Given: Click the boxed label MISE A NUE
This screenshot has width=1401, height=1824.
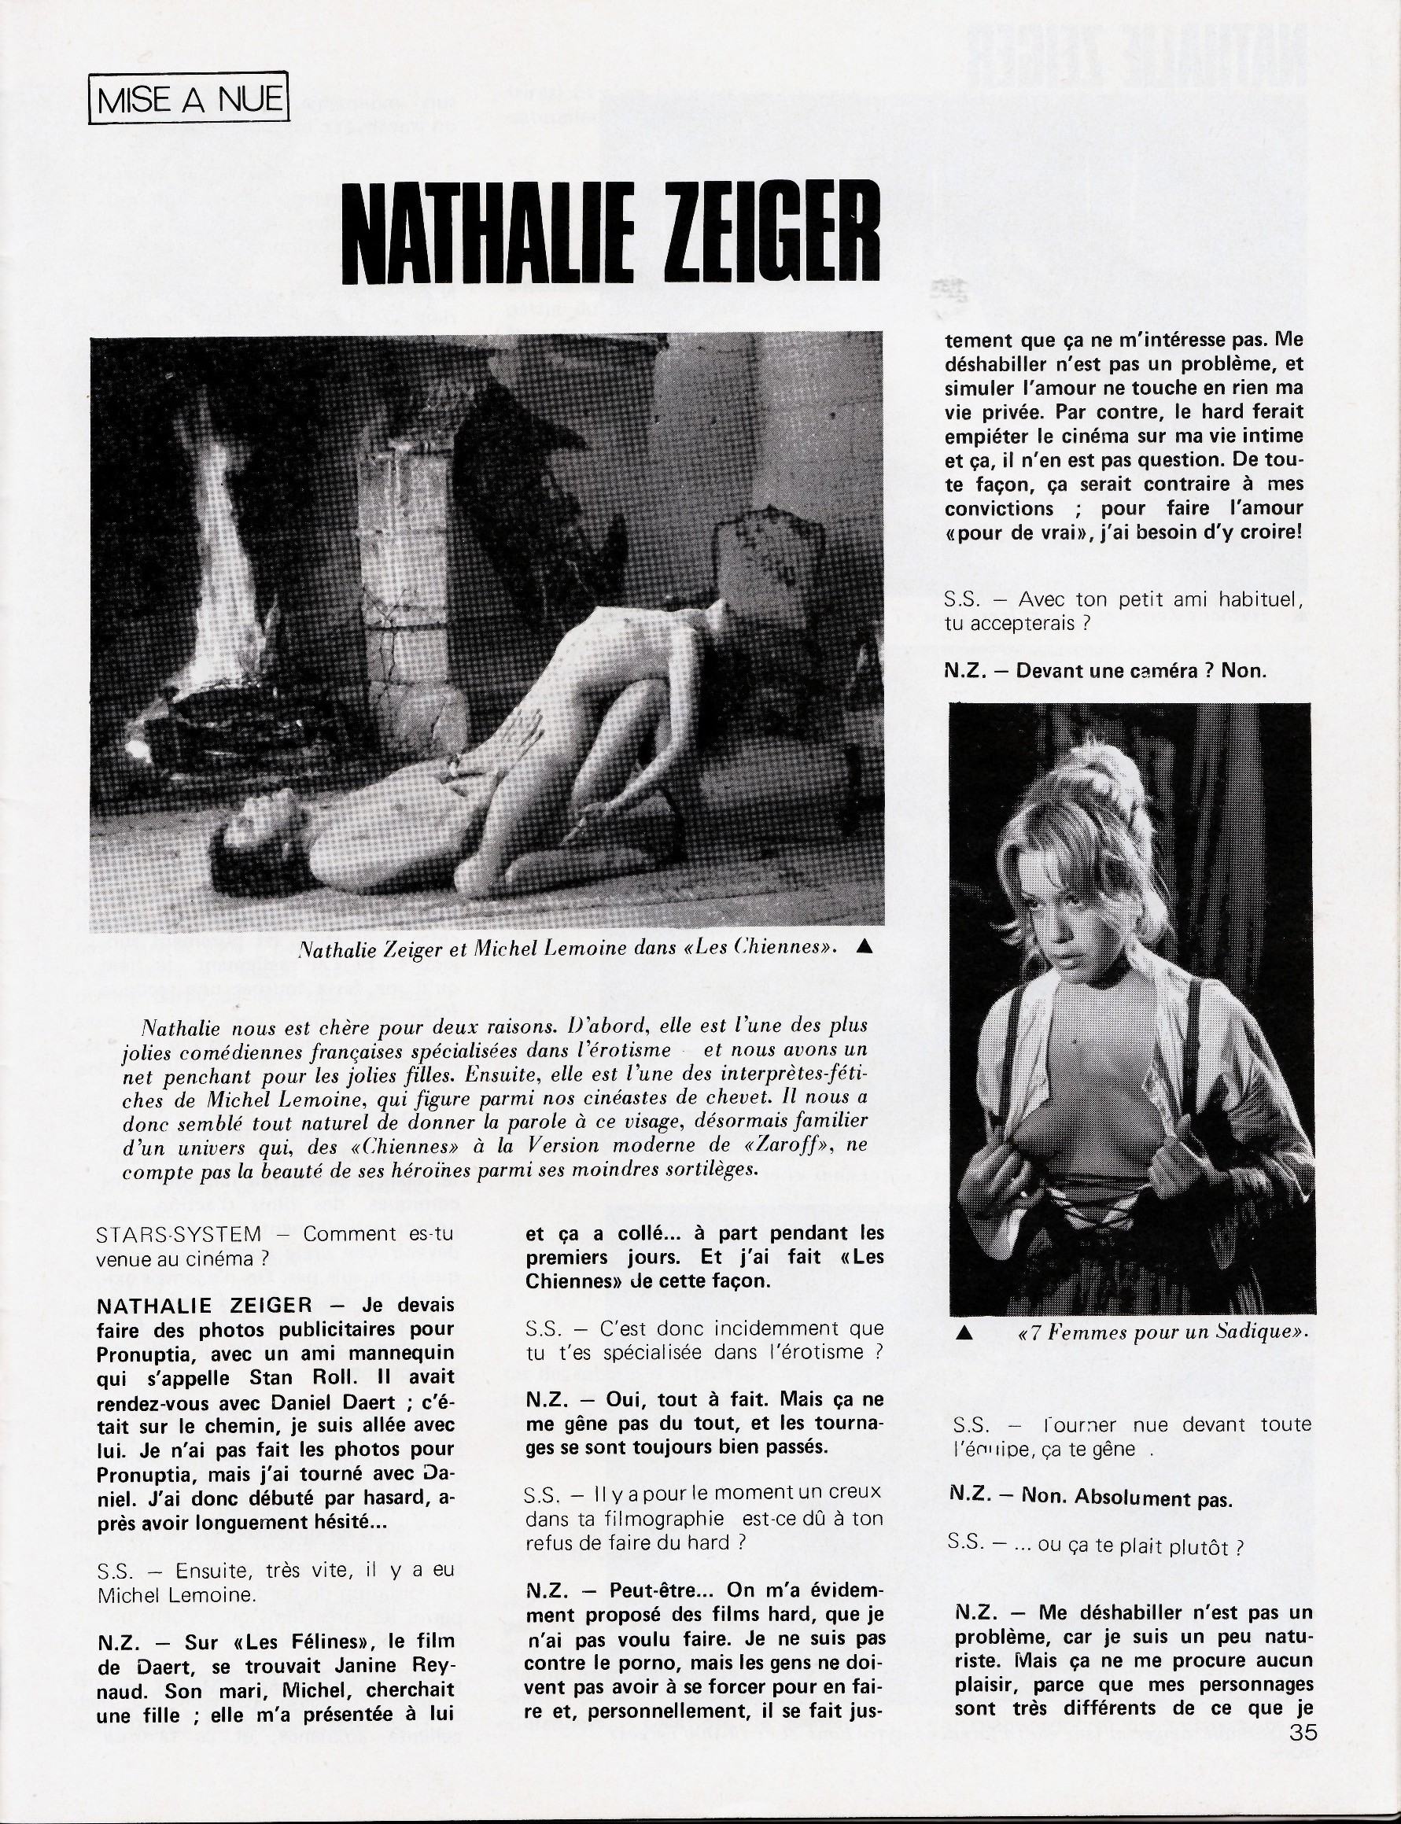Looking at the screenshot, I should (189, 100).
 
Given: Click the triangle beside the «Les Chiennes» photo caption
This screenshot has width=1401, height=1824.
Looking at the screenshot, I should (865, 945).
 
